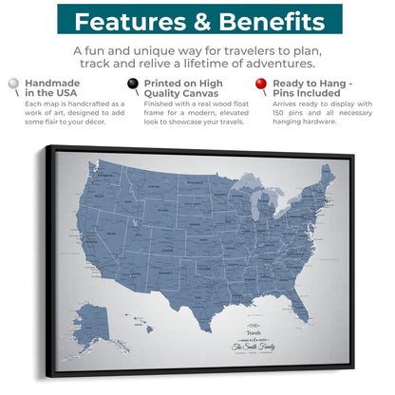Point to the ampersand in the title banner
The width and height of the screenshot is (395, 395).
197,21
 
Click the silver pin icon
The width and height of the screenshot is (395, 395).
12,85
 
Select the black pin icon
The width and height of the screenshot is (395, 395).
135,85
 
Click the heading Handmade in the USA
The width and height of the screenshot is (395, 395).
51,89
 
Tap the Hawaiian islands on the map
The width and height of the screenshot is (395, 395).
142,328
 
